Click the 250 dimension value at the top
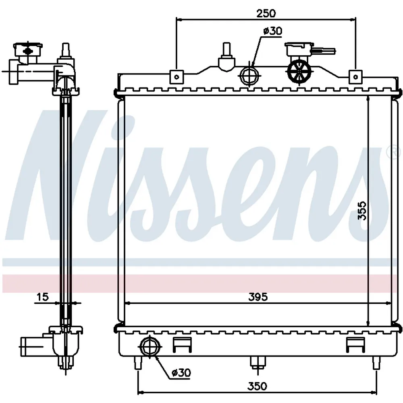tap(266, 13)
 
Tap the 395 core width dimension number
tap(258, 297)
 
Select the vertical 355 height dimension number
tap(362, 210)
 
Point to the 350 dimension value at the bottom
tap(258, 386)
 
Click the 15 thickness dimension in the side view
tap(43, 297)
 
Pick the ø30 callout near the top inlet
tap(273, 31)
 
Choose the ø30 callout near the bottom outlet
tap(181, 372)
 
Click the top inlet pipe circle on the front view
tap(250, 76)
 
